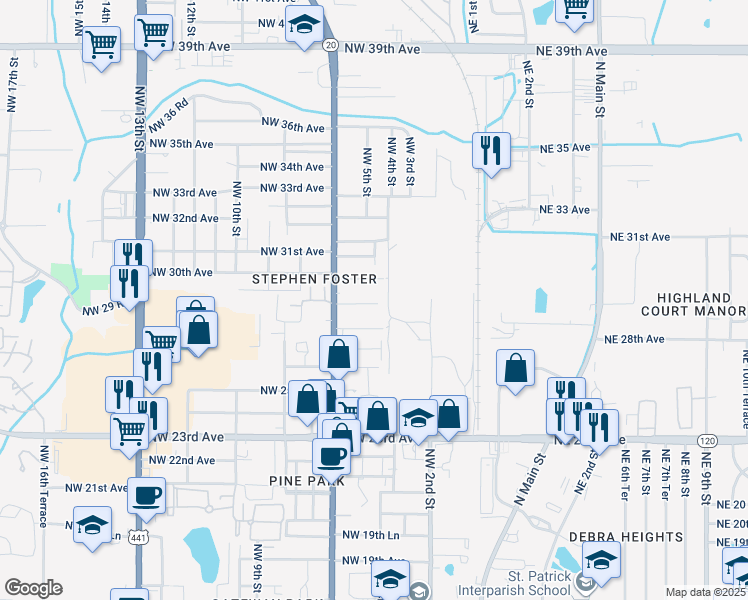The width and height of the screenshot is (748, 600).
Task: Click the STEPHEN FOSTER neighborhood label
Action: (x=314, y=279)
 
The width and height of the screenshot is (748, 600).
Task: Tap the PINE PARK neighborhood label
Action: (x=306, y=481)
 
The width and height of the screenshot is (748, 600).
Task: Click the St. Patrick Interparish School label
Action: (x=512, y=582)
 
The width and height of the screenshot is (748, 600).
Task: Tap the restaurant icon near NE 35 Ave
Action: (x=491, y=151)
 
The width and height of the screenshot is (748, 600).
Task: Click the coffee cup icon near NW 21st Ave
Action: (x=147, y=495)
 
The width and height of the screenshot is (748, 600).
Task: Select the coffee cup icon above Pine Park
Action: (x=331, y=457)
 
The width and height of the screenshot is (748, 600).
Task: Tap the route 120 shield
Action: (x=708, y=441)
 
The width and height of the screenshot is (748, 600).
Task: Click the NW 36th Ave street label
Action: (x=293, y=127)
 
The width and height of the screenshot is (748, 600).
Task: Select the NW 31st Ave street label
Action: (x=292, y=251)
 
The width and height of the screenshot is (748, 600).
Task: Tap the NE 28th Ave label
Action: (x=634, y=339)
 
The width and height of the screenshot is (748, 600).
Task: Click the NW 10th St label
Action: (x=237, y=208)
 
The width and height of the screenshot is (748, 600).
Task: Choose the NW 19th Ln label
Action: (x=371, y=536)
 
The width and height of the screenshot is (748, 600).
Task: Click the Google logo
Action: (x=33, y=588)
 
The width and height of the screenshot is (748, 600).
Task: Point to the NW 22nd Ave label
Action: (x=181, y=460)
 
